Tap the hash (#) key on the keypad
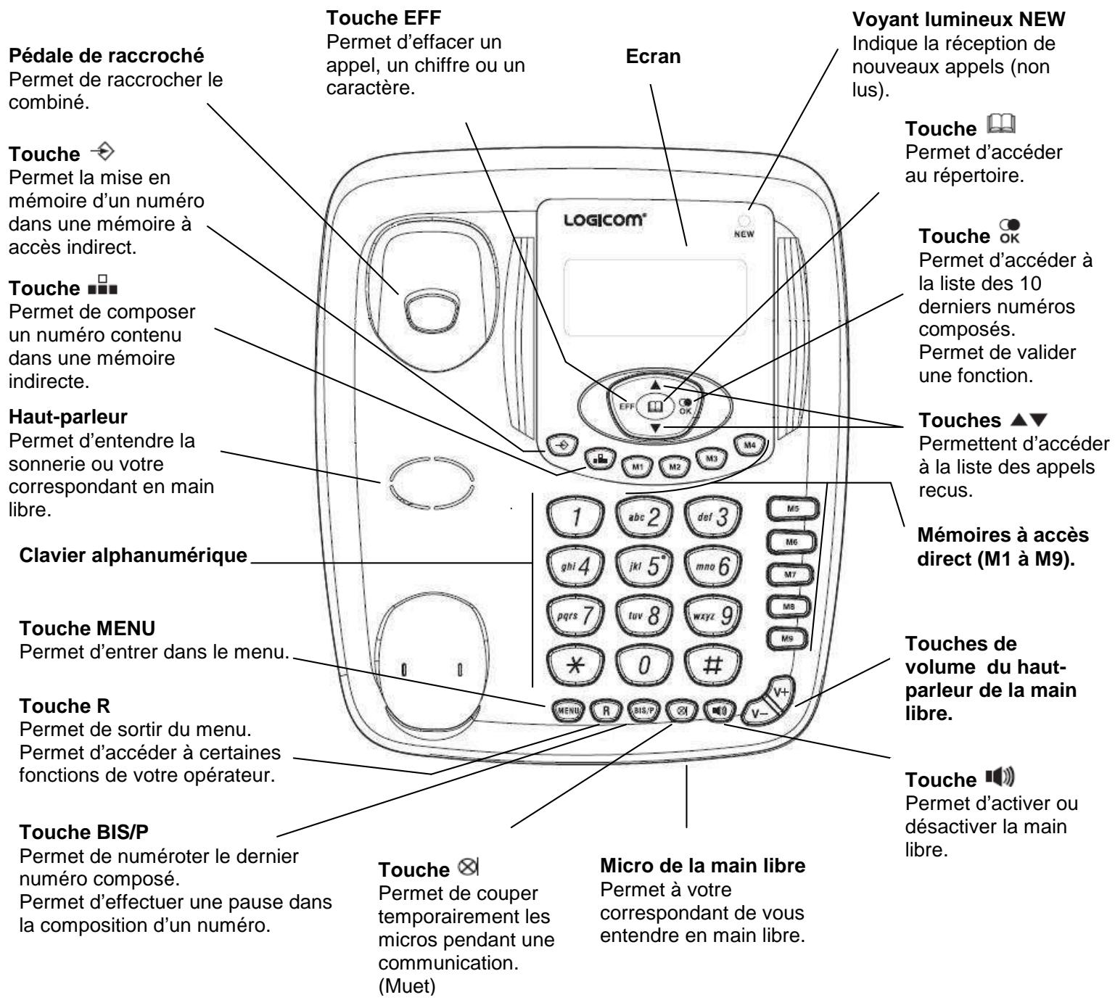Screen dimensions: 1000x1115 pos(712,667)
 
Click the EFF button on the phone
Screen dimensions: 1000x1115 pos(627,407)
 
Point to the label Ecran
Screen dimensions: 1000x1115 pos(653,57)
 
